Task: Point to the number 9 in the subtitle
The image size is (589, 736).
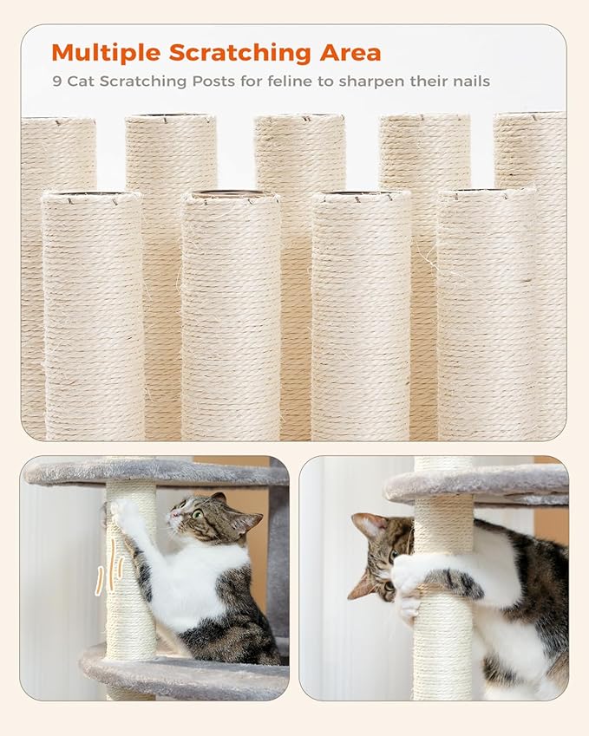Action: (55, 81)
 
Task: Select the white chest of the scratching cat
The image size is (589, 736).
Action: (193, 589)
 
